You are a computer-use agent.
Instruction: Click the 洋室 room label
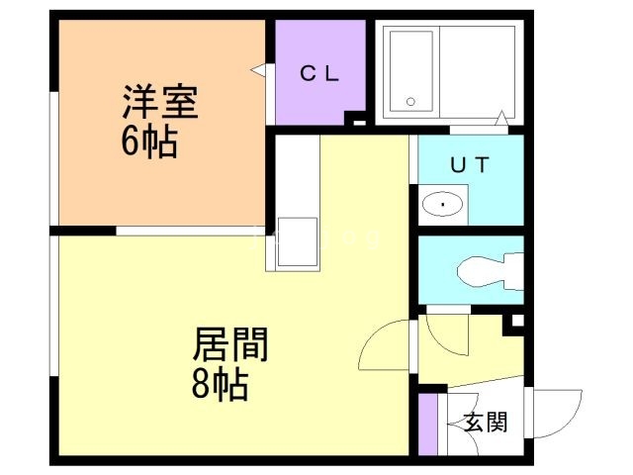tap(160, 102)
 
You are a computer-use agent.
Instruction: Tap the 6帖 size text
tap(149, 142)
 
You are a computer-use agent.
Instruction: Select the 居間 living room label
tap(230, 344)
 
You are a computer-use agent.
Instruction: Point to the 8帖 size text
tap(220, 384)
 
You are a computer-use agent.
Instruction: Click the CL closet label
tap(319, 74)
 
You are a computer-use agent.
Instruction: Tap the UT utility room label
tap(470, 164)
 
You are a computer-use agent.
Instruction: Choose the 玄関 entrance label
tap(486, 423)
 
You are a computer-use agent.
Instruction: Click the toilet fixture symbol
tap(491, 270)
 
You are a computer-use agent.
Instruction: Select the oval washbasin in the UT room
tap(442, 205)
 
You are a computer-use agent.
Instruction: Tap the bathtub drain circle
tap(410, 102)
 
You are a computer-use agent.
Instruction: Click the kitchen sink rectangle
tap(298, 242)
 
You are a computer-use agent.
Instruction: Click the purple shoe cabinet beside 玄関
tap(427, 425)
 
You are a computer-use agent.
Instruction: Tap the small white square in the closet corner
tap(359, 123)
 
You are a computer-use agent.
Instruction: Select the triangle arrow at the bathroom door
tap(501, 118)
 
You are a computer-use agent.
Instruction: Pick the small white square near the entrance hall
tap(518, 321)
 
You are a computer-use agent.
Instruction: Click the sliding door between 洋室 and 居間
tap(191, 231)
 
